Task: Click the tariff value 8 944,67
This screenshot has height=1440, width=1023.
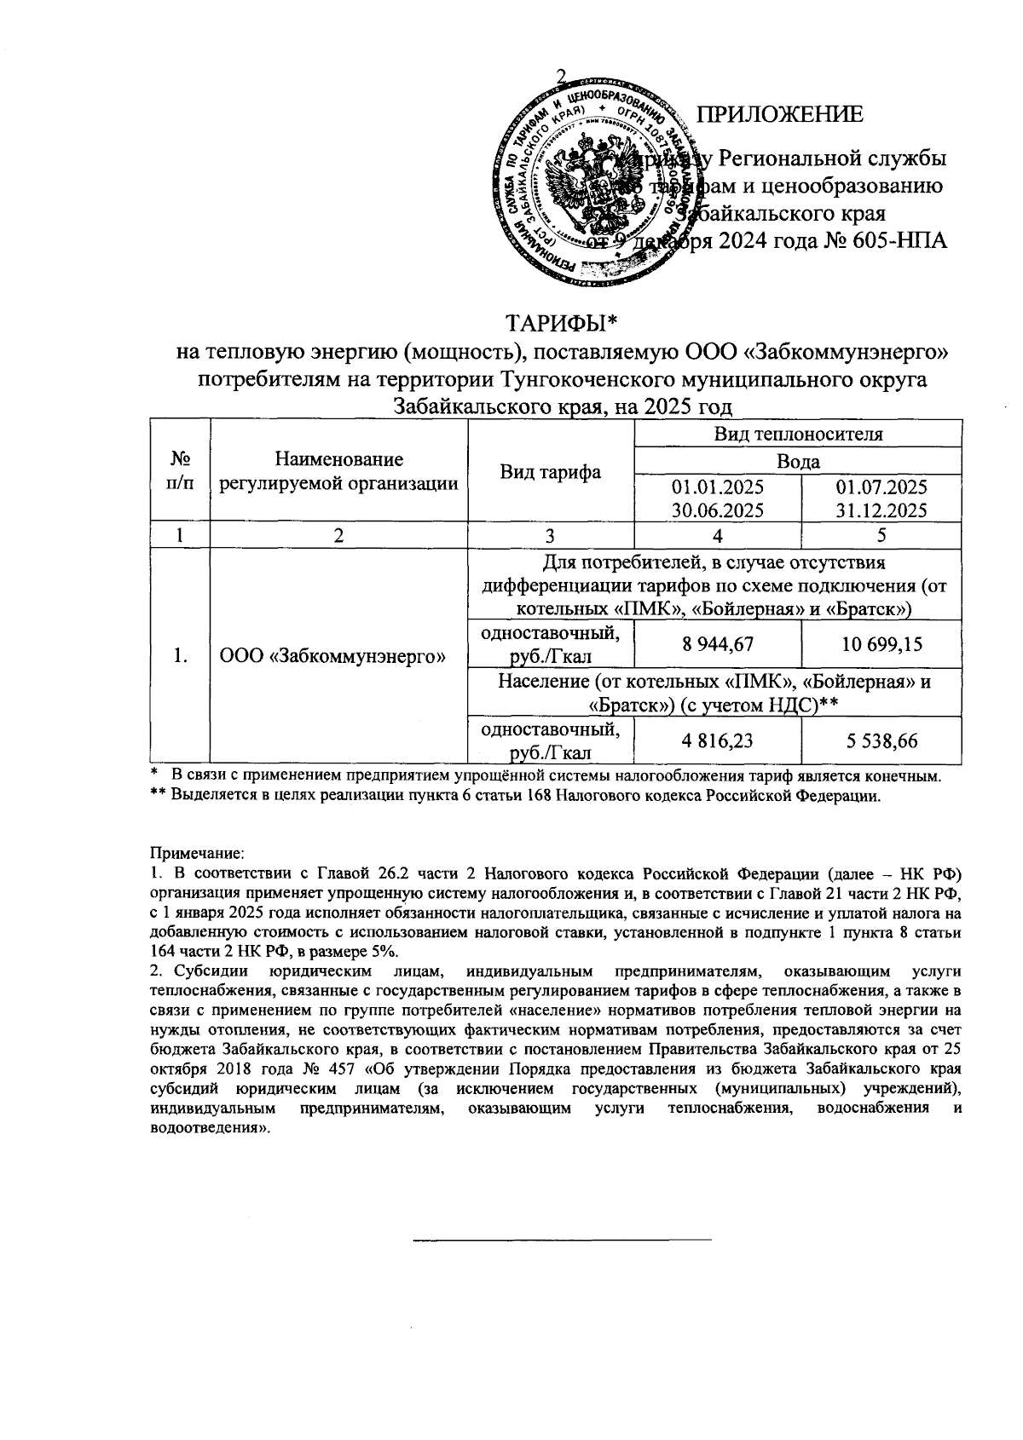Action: [x=718, y=645]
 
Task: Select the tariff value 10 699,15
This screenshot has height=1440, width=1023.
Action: [x=882, y=645]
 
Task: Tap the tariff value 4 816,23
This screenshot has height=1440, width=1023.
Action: [x=718, y=741]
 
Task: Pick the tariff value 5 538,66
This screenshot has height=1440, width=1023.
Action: [x=882, y=741]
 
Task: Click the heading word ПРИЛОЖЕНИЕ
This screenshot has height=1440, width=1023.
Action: [x=780, y=115]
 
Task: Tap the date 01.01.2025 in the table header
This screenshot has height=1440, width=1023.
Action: [x=718, y=488]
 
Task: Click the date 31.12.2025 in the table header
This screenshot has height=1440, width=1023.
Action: [x=882, y=510]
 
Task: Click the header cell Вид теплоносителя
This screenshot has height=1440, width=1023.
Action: [x=798, y=434]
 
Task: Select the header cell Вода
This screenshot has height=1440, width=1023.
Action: [x=798, y=461]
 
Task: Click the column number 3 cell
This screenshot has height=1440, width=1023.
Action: [x=551, y=535]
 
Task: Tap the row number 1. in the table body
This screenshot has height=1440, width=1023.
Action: [x=179, y=656]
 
